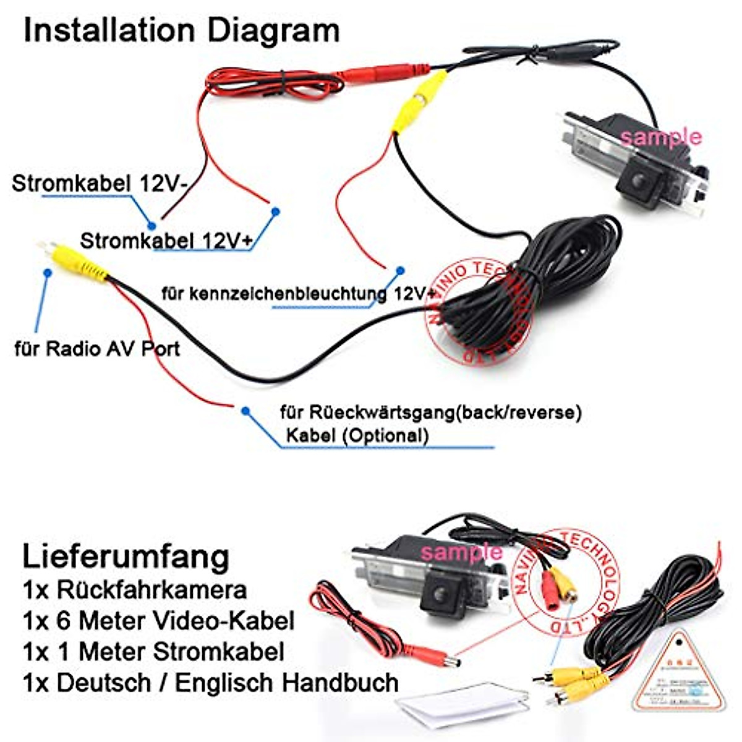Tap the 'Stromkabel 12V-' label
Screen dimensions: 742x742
pos(100,183)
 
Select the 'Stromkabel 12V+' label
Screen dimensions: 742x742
pos(166,241)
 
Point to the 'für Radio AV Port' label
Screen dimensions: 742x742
pos(97,349)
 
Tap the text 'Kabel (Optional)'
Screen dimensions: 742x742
pos(357,435)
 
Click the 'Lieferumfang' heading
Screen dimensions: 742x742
pos(126,556)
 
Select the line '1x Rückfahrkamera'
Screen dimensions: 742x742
pos(135,590)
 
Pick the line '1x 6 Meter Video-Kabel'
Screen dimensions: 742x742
pos(158,620)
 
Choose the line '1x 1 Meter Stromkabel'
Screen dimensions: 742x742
pos(153,652)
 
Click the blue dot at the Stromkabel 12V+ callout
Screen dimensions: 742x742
pos(276,211)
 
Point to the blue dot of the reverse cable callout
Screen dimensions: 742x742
pos(245,411)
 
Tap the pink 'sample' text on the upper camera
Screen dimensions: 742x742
pos(661,137)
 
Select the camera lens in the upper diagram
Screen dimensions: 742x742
pos(641,182)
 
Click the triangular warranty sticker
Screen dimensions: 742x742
pos(678,671)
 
